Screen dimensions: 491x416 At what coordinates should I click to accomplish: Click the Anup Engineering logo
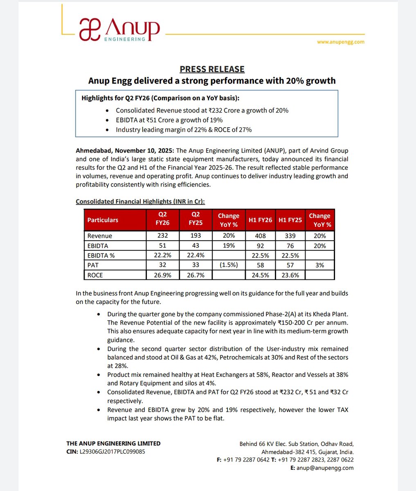coord(119,30)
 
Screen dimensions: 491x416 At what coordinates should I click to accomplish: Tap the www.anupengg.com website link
coord(341,42)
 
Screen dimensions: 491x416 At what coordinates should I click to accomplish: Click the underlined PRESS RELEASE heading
coord(212,69)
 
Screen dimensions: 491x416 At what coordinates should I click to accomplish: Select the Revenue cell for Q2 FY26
coord(163,236)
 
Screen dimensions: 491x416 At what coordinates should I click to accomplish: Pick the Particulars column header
coord(103,220)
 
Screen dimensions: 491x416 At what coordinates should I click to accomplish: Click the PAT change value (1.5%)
coord(228,265)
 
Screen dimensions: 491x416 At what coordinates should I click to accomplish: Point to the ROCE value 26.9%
coord(163,275)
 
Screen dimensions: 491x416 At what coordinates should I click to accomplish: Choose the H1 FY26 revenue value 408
coord(260,236)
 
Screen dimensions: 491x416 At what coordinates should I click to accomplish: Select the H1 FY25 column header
coord(290,220)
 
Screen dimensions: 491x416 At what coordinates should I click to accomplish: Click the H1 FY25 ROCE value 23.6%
coord(290,275)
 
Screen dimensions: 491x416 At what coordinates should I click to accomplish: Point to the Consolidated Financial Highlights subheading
coord(140,202)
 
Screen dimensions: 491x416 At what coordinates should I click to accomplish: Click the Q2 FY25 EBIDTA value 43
coord(196,245)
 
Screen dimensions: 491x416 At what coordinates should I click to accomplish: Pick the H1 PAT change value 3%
coord(319,265)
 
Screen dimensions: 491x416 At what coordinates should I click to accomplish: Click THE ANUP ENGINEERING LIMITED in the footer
coord(113,444)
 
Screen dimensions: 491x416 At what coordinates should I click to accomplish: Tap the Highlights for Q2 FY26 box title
coord(160,98)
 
